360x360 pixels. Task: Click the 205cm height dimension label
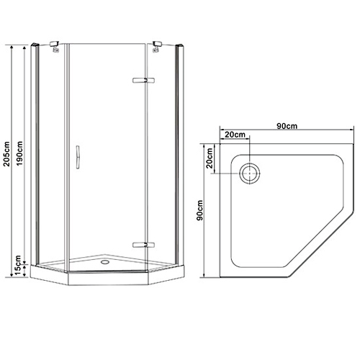point(6,154)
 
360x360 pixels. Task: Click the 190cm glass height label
point(19,153)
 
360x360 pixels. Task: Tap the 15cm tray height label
point(18,266)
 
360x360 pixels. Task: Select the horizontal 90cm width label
point(287,126)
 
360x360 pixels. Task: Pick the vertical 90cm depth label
point(199,210)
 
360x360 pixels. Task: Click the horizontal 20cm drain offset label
point(235,135)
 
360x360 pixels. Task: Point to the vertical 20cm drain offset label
point(210,158)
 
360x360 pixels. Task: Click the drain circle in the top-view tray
point(250,174)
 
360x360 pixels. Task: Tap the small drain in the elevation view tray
point(105,261)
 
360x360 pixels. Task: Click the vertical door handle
point(78,157)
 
